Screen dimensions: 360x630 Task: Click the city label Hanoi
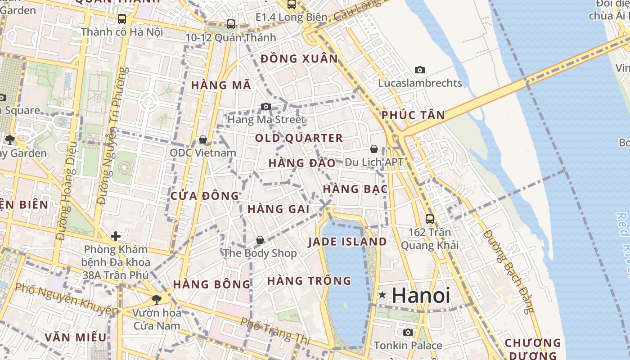(420, 295)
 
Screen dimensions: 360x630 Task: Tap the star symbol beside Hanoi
(382, 295)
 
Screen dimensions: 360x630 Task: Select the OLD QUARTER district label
(299, 138)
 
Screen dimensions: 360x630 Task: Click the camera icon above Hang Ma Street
(266, 107)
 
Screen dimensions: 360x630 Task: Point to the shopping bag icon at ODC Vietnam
(203, 139)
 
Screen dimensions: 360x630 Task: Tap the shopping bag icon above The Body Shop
(260, 240)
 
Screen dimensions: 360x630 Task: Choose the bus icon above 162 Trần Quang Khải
(430, 219)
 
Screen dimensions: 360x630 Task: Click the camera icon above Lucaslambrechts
(420, 70)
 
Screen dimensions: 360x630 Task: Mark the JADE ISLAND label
(347, 242)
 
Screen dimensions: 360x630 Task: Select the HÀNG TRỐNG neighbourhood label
(309, 281)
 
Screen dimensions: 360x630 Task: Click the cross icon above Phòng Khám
(116, 236)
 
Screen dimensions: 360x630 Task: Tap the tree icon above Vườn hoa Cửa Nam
(157, 299)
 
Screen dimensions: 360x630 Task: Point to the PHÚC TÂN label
(413, 115)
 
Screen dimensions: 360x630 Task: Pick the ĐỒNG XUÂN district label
(299, 58)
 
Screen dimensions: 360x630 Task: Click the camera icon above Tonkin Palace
(408, 332)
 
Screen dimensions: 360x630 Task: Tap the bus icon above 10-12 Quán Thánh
(231, 24)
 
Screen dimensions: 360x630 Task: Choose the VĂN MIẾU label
(76, 337)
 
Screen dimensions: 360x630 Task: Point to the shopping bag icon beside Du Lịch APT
(374, 149)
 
